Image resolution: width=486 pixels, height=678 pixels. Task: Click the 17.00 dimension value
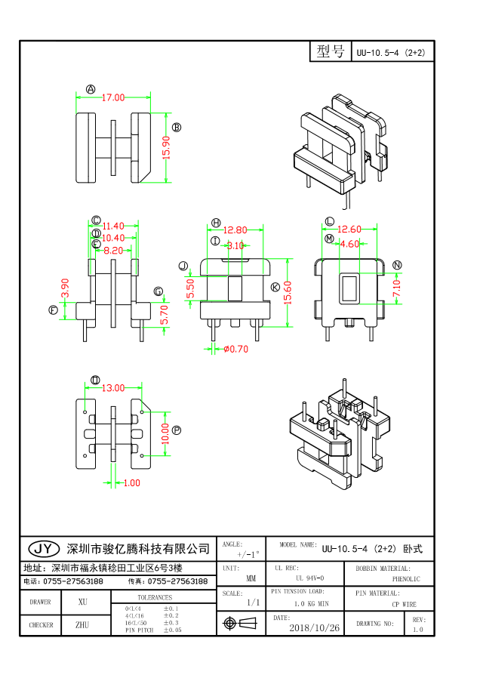[x=114, y=97]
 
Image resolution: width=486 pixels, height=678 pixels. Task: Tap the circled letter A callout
[x=91, y=89]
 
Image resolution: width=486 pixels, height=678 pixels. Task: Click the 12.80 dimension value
[x=236, y=230]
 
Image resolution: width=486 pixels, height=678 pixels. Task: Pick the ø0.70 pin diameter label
[x=235, y=349]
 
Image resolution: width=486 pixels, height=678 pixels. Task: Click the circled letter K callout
[x=275, y=287]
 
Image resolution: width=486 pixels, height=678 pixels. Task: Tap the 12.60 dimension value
[x=349, y=230]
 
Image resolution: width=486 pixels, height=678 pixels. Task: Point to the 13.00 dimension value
[x=113, y=388]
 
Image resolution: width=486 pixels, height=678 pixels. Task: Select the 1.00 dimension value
[x=131, y=482]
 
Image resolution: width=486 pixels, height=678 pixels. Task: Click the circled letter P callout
[x=177, y=430]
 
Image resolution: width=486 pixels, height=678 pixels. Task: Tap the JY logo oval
[x=45, y=548]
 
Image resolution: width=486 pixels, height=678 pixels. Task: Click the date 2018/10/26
[x=314, y=627]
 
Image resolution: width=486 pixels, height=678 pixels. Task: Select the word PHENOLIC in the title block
[x=406, y=579]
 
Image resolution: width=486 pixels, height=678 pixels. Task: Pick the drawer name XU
[x=83, y=602]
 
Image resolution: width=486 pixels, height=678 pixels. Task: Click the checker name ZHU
[x=82, y=625]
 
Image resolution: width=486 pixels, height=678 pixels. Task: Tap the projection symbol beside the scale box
[x=241, y=624]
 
